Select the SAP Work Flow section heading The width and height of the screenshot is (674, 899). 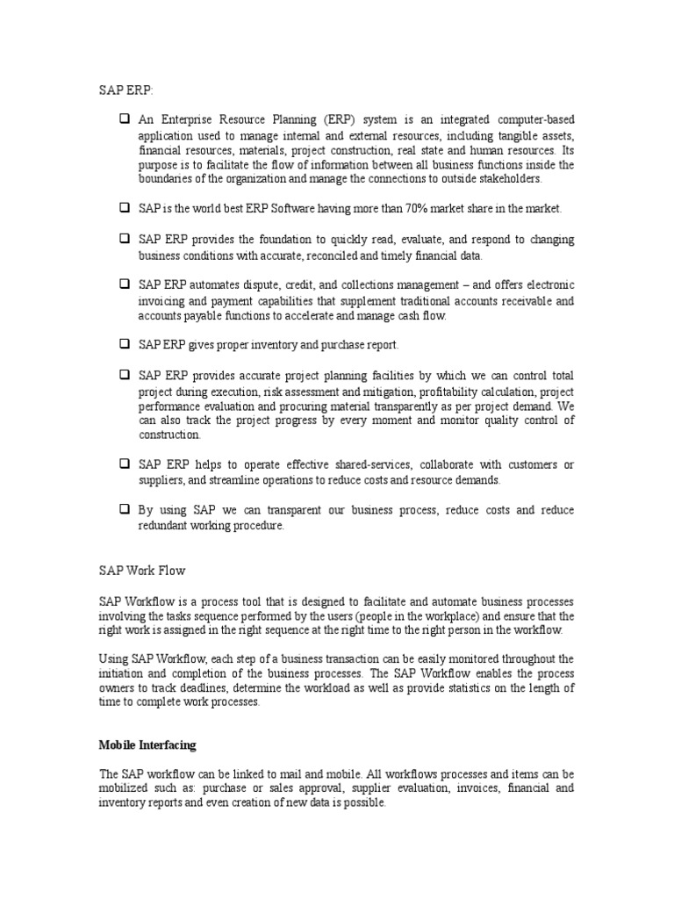[141, 570]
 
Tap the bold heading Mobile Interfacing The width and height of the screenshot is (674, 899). [147, 745]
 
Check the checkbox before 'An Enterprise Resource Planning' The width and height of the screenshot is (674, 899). [124, 119]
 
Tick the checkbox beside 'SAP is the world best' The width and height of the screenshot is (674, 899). [124, 209]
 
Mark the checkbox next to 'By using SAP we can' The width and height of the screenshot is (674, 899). [124, 510]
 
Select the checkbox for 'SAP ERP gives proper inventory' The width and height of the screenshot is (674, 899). [124, 345]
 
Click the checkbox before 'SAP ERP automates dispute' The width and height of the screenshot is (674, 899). [124, 284]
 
